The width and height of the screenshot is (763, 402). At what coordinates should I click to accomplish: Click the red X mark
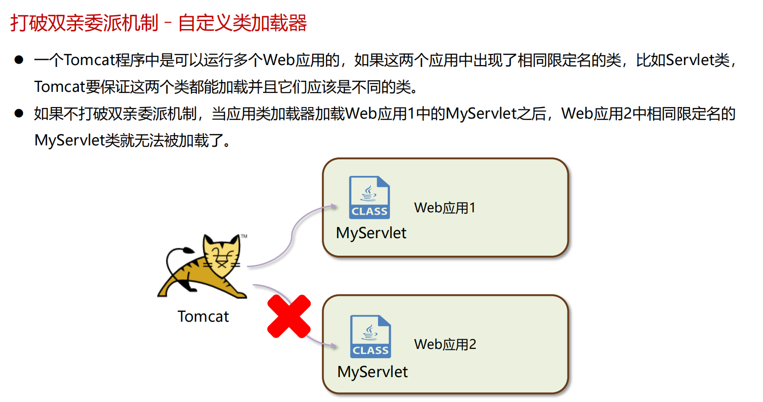[289, 317]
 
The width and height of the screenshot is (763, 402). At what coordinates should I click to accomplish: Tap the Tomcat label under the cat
[203, 317]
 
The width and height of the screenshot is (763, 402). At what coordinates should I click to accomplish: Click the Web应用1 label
[444, 208]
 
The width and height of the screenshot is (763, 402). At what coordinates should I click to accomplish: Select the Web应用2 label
[445, 344]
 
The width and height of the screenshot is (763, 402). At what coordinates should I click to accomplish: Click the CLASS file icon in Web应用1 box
[369, 198]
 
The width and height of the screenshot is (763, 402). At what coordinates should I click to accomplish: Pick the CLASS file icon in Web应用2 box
[370, 336]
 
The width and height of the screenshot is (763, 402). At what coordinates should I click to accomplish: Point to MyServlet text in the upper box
[371, 233]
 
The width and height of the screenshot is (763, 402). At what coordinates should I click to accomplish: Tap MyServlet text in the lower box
[373, 372]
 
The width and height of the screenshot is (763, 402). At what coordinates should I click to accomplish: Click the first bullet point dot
[19, 60]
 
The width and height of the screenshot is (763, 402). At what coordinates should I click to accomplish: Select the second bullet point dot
[19, 113]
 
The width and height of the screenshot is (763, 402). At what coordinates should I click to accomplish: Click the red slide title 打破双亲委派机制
[84, 23]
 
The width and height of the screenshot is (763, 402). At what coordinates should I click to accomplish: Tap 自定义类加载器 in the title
[243, 23]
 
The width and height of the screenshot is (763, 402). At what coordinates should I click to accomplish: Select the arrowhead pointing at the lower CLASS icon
[334, 345]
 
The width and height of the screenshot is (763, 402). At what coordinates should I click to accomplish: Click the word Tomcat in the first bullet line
[89, 60]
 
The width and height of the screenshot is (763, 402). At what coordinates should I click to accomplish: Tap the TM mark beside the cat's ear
[244, 236]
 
